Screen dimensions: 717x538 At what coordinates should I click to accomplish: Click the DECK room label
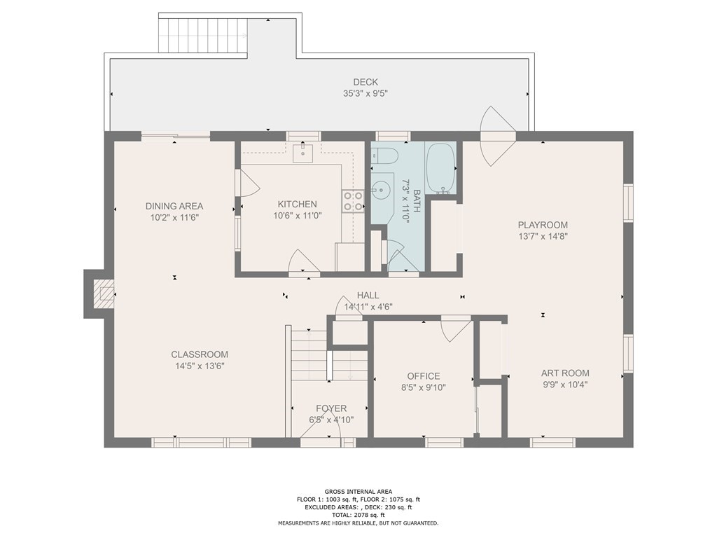click(366, 82)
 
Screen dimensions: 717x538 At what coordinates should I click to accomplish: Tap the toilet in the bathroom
click(385, 156)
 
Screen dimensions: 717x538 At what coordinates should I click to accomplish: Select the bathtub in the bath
click(440, 168)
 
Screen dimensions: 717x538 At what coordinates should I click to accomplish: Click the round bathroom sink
click(380, 188)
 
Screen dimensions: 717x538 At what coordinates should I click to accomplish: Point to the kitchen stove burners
click(353, 201)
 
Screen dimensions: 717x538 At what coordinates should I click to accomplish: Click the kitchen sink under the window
click(302, 153)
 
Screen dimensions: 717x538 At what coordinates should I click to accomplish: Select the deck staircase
click(203, 36)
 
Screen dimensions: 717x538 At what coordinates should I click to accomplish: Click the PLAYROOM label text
click(543, 225)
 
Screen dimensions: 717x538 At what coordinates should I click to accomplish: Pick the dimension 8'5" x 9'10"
click(424, 387)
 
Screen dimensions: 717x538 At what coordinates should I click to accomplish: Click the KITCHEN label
click(297, 204)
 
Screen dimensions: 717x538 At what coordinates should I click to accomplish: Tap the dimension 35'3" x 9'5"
click(366, 94)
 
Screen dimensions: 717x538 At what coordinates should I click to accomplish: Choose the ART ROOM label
click(565, 373)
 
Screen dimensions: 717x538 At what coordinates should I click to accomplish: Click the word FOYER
click(331, 408)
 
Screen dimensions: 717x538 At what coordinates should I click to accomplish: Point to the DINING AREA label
click(174, 206)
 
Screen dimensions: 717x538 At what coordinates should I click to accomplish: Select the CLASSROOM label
click(200, 354)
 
